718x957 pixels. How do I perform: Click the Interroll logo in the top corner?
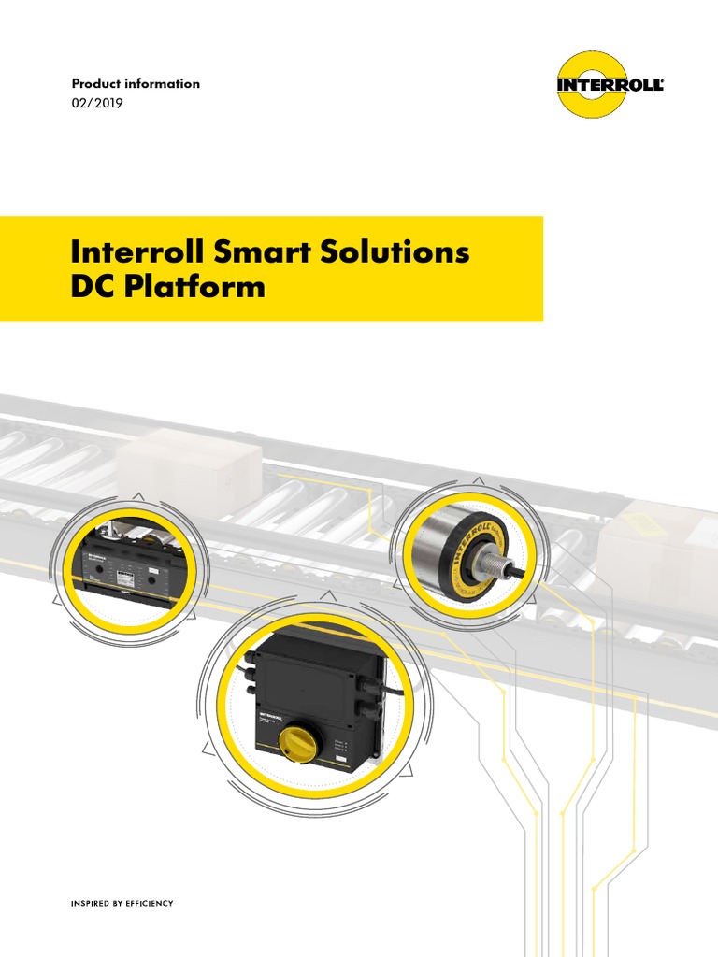tap(611, 85)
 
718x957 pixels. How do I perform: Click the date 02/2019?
tap(96, 103)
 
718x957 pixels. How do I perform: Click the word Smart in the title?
tap(256, 252)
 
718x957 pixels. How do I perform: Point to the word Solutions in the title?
tap(392, 252)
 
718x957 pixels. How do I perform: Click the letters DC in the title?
tap(91, 286)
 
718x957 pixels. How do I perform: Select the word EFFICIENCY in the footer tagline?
tap(151, 903)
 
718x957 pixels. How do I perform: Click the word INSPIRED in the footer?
tap(91, 903)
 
